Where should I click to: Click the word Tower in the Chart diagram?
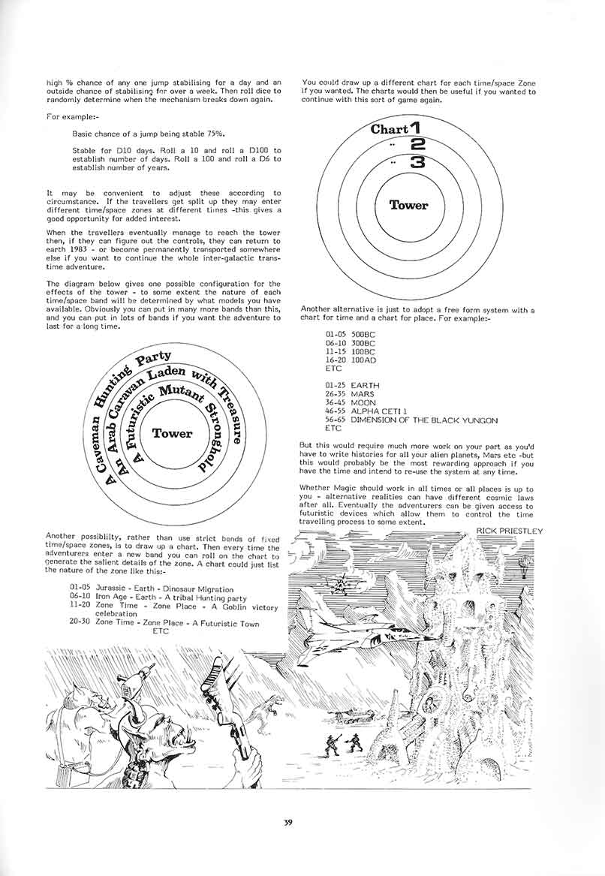(408, 205)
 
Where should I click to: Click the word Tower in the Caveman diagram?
(172, 433)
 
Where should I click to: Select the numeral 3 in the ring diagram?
(418, 162)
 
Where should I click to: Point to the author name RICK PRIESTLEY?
(509, 531)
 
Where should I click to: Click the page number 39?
(288, 822)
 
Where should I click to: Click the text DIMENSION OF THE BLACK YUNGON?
(424, 420)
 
